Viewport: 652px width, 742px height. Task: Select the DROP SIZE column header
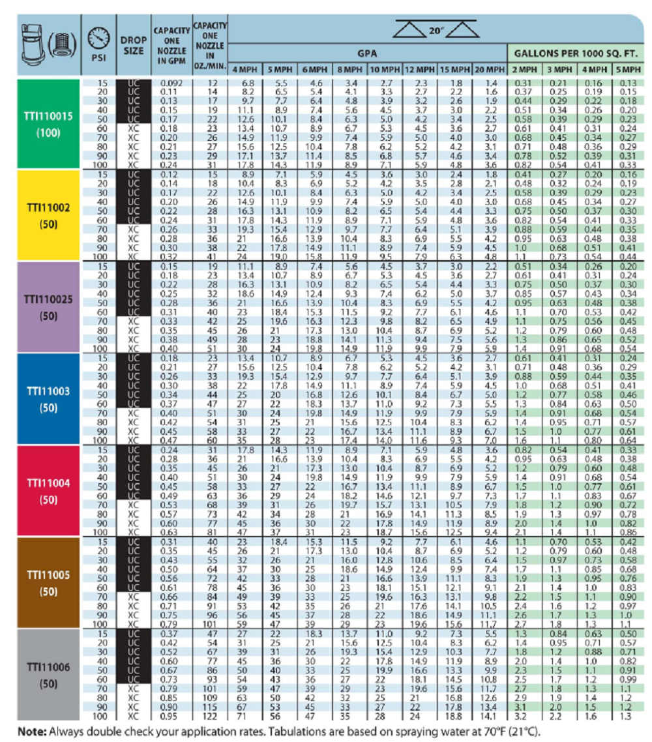click(133, 45)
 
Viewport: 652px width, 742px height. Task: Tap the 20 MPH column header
click(490, 69)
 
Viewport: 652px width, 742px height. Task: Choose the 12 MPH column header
click(419, 69)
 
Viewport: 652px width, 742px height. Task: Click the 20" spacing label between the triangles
click(436, 29)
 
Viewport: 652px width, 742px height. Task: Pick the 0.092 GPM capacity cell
click(172, 83)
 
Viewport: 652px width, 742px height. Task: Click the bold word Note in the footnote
click(31, 730)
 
